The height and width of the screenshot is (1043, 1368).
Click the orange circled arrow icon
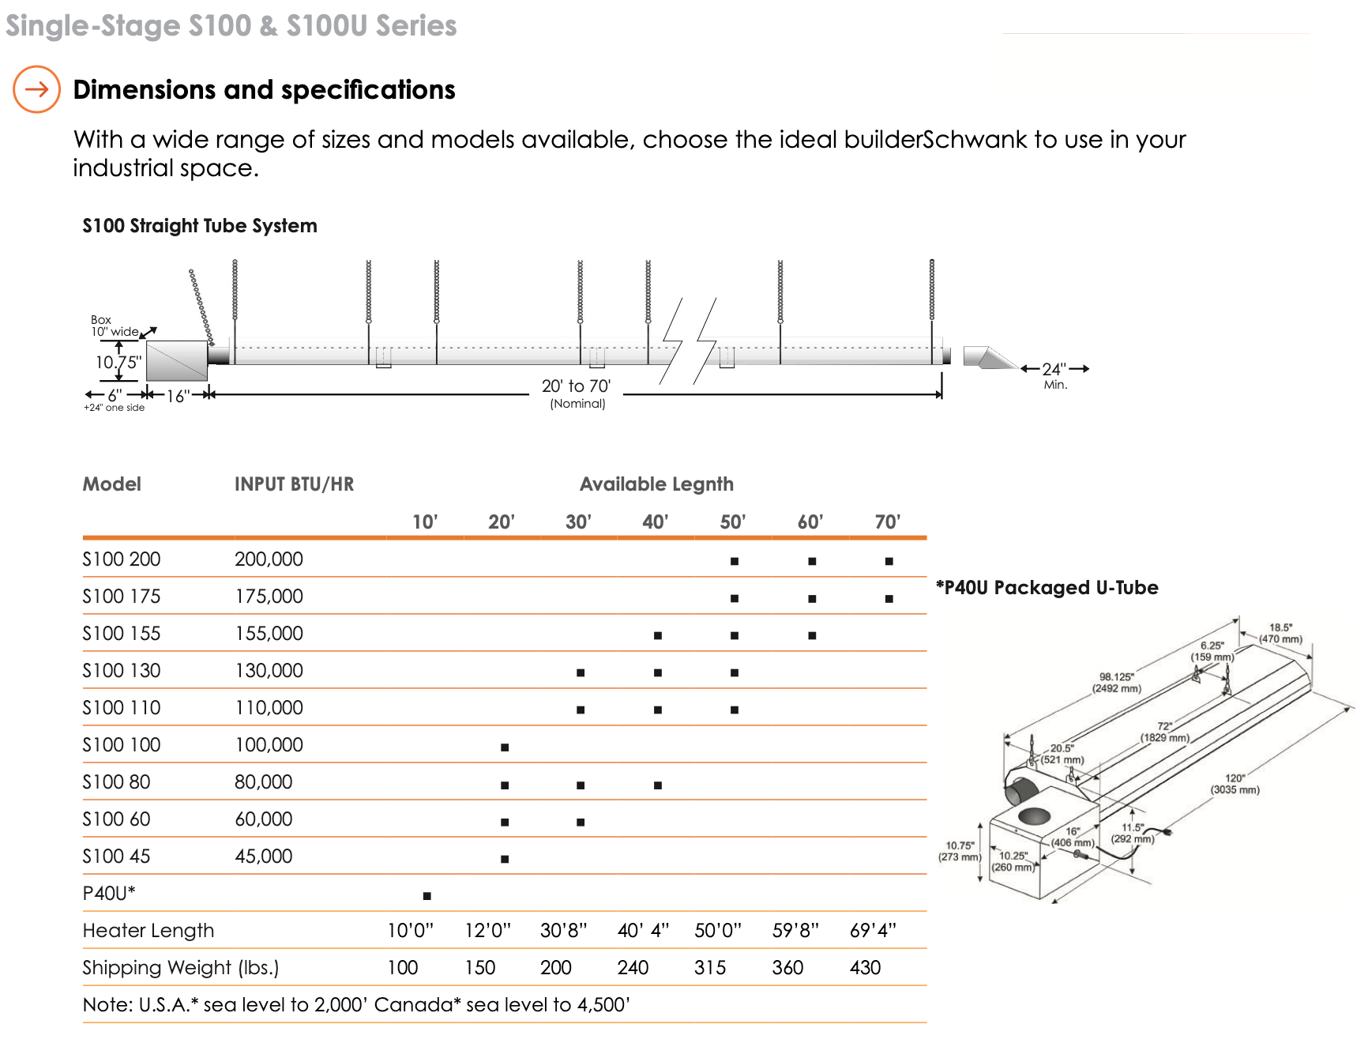pos(36,89)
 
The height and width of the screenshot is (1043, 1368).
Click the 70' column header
pos(887,521)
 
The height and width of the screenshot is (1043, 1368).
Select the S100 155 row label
pos(122,634)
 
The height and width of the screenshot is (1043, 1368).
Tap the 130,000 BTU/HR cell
pos(269,671)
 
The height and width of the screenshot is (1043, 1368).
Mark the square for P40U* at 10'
pos(427,895)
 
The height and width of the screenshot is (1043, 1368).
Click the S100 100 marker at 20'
pos(505,747)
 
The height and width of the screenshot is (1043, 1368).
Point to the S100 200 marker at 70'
pos(889,561)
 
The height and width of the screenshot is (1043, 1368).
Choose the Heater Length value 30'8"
pos(563,931)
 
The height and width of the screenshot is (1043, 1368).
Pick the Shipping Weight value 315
pos(710,968)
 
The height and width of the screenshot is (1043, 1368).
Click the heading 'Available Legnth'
pos(656,484)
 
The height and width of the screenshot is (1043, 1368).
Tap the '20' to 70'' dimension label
pos(576,386)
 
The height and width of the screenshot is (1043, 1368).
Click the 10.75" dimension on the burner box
pos(118,363)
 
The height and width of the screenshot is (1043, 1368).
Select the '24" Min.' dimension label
pos(1054,375)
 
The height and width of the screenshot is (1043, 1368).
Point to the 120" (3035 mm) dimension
pos(1235,784)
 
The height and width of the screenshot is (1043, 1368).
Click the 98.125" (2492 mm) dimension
pos(1116,683)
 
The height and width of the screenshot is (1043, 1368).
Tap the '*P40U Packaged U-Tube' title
pos(1047,588)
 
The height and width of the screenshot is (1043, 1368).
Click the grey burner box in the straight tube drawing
pos(177,361)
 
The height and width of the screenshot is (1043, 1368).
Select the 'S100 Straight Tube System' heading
pos(200,226)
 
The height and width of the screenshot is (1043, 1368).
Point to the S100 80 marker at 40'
pos(658,785)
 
